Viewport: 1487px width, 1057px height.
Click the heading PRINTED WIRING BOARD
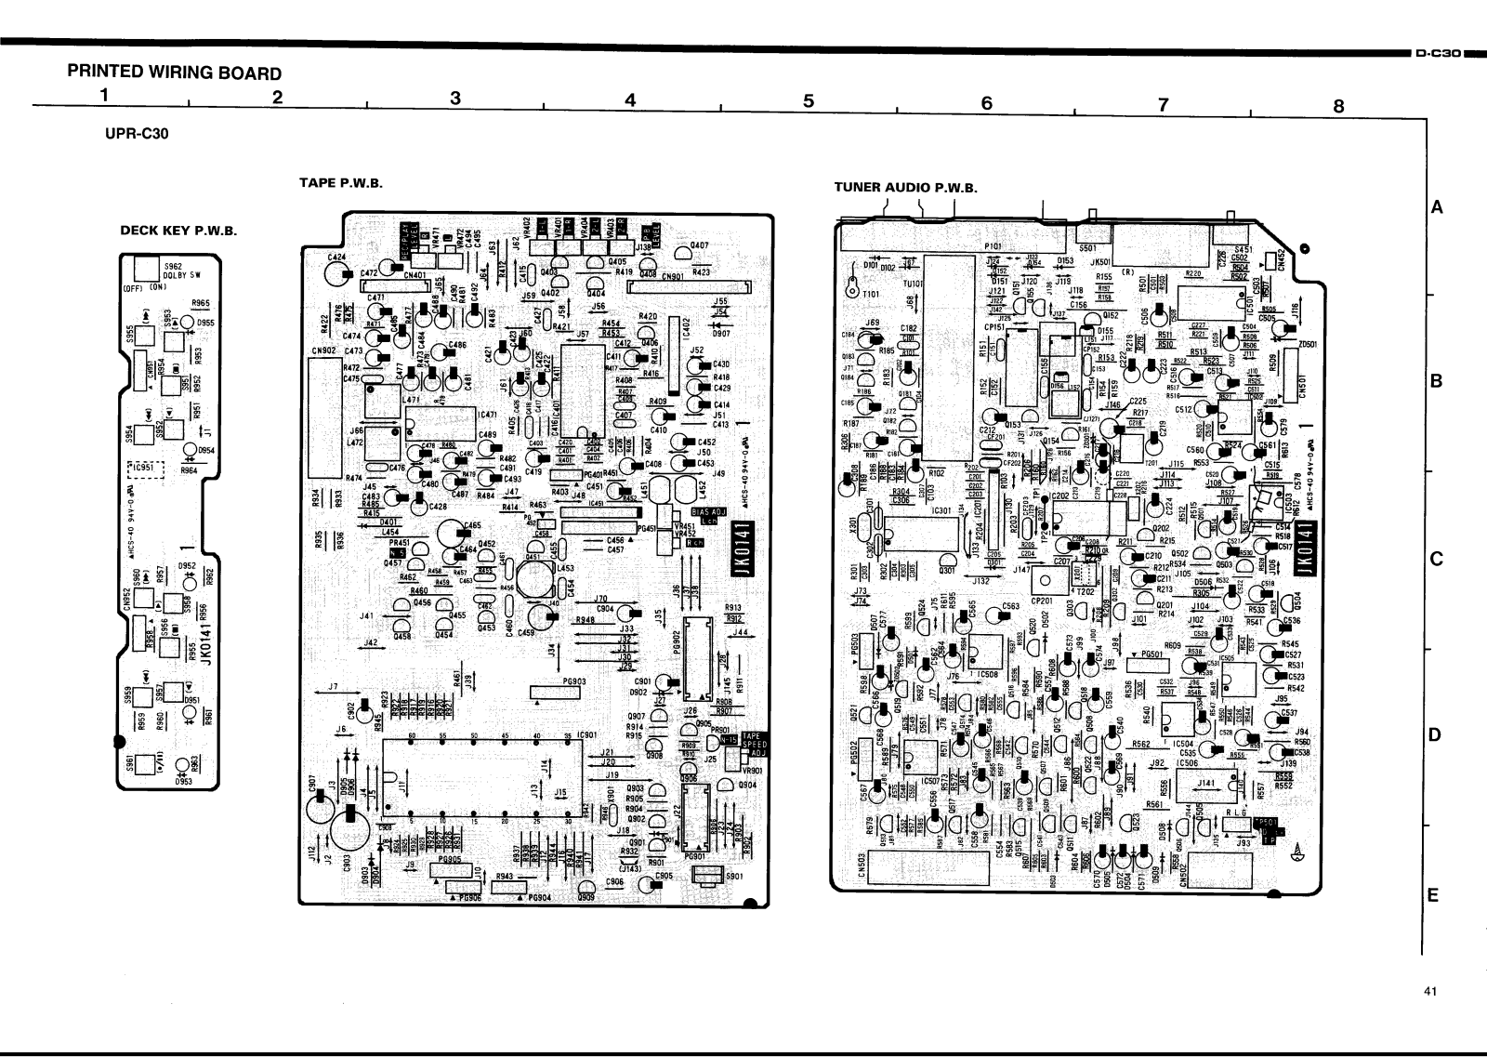(x=174, y=73)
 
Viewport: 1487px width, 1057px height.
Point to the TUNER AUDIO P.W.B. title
(x=906, y=187)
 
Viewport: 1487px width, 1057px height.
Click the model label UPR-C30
(x=138, y=133)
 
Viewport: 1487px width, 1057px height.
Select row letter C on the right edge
(x=1434, y=560)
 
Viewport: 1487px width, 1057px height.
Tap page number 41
(x=1429, y=991)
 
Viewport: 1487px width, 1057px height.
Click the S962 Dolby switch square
(x=147, y=269)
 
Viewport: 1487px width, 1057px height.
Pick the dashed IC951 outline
(x=146, y=467)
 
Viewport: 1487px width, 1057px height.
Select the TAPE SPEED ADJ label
(x=745, y=744)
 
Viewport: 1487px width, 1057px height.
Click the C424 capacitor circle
(x=335, y=271)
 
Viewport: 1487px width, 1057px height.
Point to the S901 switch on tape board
(x=709, y=876)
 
